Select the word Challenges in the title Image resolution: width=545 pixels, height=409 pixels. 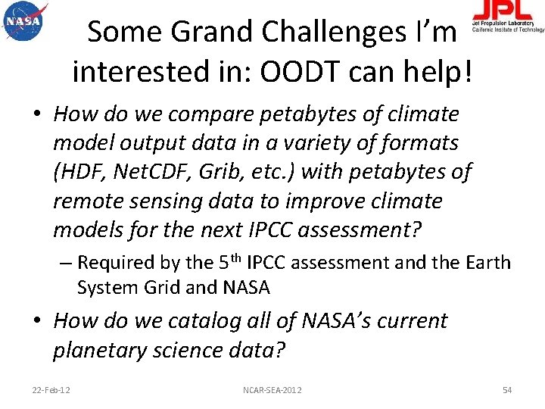(x=317, y=33)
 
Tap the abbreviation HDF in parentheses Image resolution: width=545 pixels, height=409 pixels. (x=83, y=172)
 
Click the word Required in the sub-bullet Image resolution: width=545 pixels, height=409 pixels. (x=118, y=263)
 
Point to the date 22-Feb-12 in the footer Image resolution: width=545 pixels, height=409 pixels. (x=51, y=389)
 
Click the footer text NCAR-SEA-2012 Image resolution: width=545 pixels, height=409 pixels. (x=272, y=389)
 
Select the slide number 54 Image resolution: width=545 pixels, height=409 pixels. (x=507, y=389)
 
